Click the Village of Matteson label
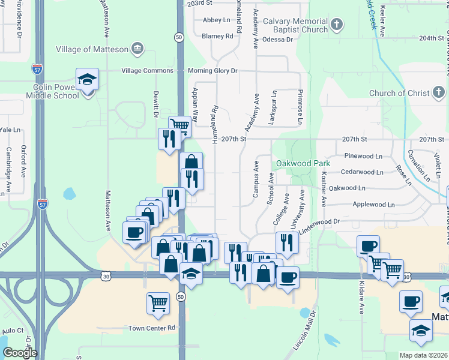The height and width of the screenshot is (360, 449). click(x=92, y=49)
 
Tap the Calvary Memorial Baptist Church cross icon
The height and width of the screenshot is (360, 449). click(x=337, y=25)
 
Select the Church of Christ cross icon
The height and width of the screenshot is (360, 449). click(x=439, y=93)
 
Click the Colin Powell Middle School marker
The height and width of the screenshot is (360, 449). click(x=87, y=80)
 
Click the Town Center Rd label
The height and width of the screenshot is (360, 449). click(x=151, y=328)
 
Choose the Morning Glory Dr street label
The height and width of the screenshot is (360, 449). click(x=212, y=71)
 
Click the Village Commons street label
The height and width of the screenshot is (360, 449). click(x=147, y=71)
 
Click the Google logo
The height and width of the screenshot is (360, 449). click(x=20, y=353)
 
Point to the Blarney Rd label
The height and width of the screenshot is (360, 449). click(x=217, y=36)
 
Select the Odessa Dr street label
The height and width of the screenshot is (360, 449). click(x=276, y=40)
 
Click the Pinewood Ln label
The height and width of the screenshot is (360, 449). click(x=363, y=156)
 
